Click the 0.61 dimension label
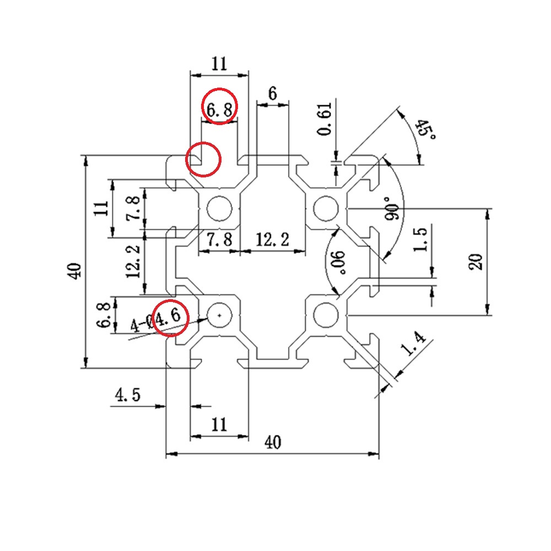(325, 119)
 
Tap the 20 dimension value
(476, 262)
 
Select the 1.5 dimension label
(420, 239)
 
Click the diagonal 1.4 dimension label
(413, 343)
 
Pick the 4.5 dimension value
(128, 395)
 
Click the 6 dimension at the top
(272, 94)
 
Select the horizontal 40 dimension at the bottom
(273, 442)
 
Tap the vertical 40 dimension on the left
(74, 271)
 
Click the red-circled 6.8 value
(219, 110)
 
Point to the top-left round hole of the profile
(219, 208)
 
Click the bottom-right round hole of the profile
(326, 315)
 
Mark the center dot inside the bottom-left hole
(220, 315)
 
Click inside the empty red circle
(203, 159)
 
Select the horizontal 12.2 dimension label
(272, 240)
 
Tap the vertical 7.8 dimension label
(133, 208)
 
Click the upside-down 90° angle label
(338, 262)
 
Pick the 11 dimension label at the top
(219, 64)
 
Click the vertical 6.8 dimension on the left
(104, 315)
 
